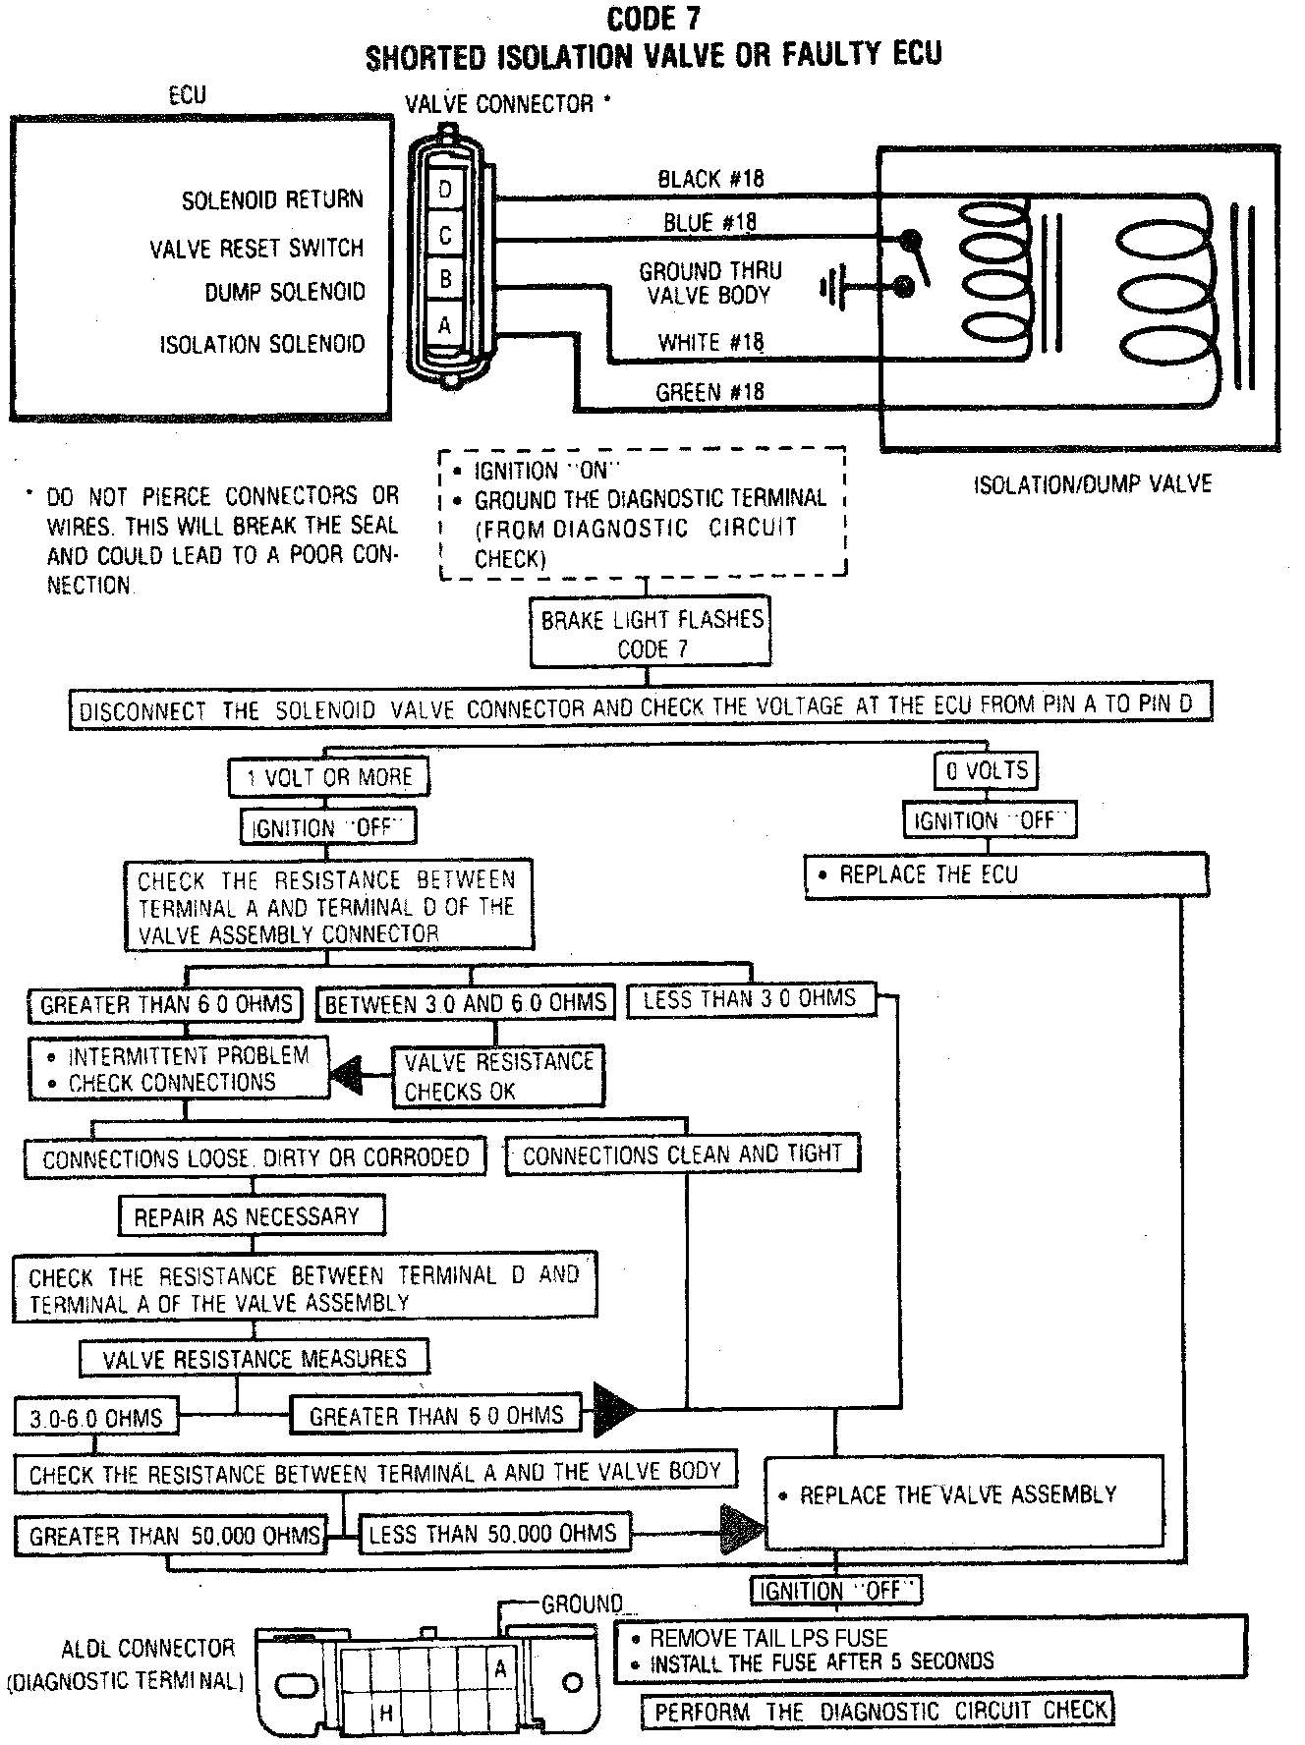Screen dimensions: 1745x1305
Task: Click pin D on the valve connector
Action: [445, 189]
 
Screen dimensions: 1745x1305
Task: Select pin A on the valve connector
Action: [445, 323]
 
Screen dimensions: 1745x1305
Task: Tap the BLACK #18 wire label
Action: [709, 179]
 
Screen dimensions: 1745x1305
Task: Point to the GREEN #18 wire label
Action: [709, 392]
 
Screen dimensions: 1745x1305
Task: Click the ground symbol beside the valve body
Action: [831, 288]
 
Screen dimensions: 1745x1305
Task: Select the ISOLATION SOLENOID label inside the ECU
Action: [262, 345]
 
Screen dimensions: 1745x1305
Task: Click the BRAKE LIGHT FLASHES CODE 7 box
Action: [651, 634]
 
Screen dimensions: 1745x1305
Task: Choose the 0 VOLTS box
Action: [986, 771]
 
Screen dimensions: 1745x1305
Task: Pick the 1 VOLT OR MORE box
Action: [329, 778]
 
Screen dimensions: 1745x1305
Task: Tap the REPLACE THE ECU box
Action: [1006, 874]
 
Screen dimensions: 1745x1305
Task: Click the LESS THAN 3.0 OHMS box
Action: [749, 999]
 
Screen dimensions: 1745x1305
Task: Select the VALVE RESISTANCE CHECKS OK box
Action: [498, 1076]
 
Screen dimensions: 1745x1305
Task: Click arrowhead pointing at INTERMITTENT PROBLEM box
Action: [346, 1077]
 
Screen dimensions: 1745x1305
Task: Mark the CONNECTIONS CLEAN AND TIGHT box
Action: [682, 1154]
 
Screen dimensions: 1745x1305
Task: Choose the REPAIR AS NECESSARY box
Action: [252, 1216]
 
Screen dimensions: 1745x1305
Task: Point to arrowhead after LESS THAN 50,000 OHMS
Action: [742, 1531]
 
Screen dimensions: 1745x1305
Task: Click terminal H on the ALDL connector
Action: [386, 1713]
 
